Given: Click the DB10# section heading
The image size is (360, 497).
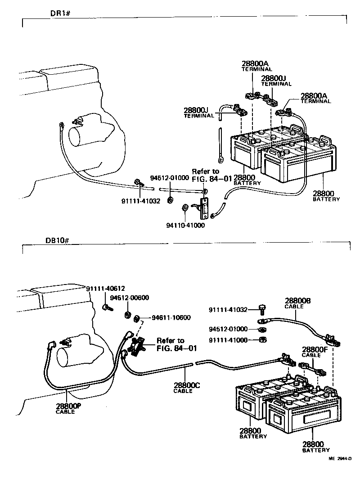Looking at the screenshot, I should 57,240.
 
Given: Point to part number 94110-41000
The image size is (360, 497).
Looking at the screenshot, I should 185,225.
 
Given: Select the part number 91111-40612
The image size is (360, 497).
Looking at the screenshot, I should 105,289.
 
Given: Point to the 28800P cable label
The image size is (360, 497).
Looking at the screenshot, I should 68,406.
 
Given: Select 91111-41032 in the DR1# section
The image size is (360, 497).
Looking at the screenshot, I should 141,201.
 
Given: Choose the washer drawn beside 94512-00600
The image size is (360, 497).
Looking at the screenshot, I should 127,314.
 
